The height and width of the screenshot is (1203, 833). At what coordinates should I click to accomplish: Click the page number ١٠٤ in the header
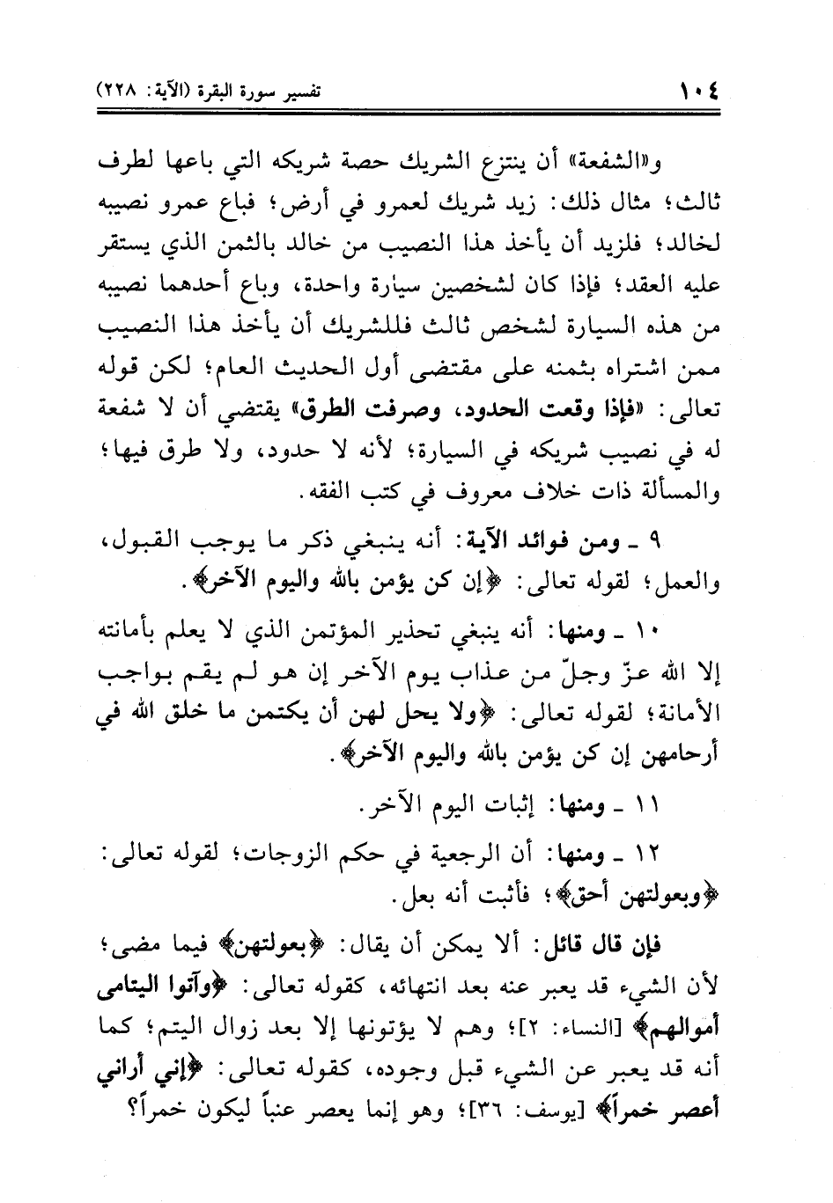[x=701, y=90]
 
